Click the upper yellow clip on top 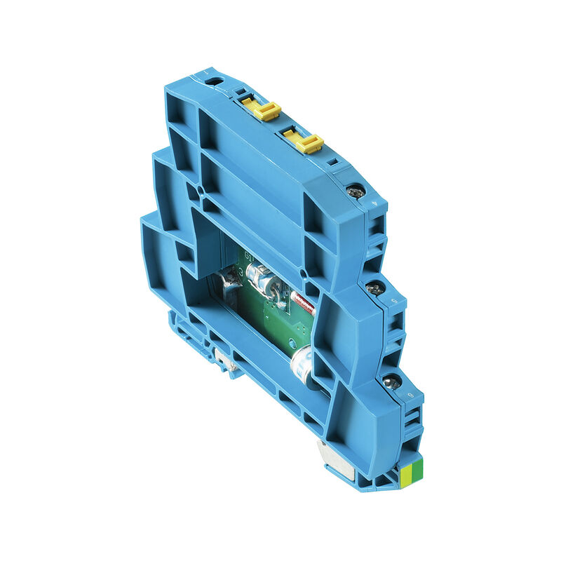coord(263,109)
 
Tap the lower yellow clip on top coord(304,142)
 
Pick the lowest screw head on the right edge coord(392,382)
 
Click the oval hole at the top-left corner coord(215,82)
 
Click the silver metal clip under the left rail coord(226,360)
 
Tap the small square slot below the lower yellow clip coord(334,162)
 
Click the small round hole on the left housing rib coord(201,189)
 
